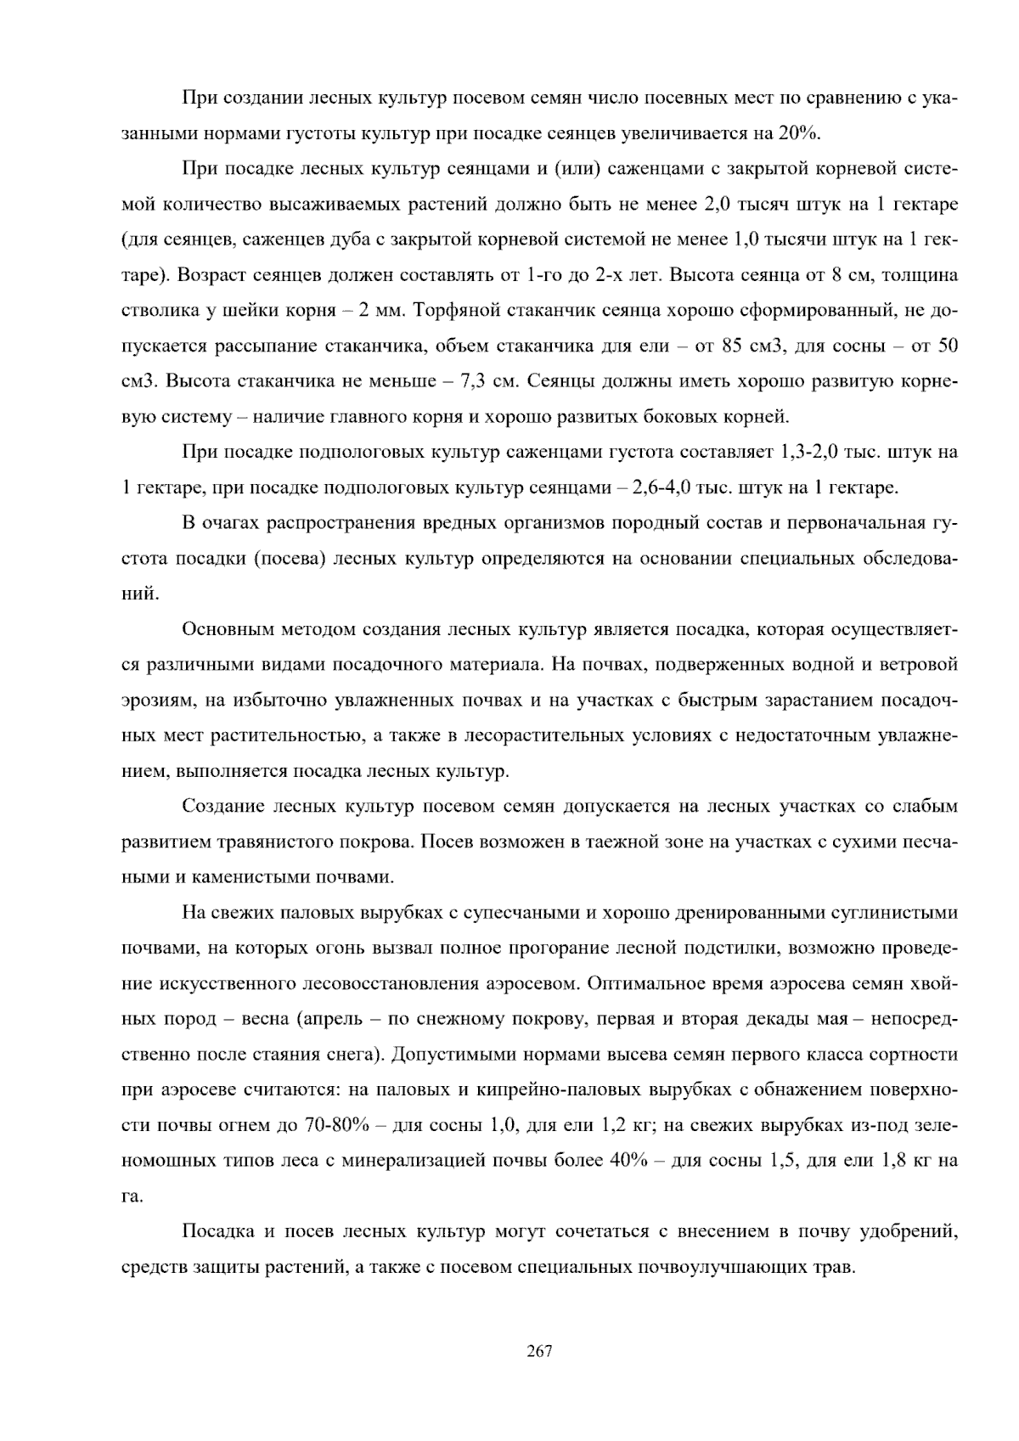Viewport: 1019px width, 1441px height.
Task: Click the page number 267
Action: coord(540,1352)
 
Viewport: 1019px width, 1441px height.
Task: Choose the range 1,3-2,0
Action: coord(809,452)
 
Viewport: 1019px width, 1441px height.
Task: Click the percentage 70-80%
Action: coord(335,1126)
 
